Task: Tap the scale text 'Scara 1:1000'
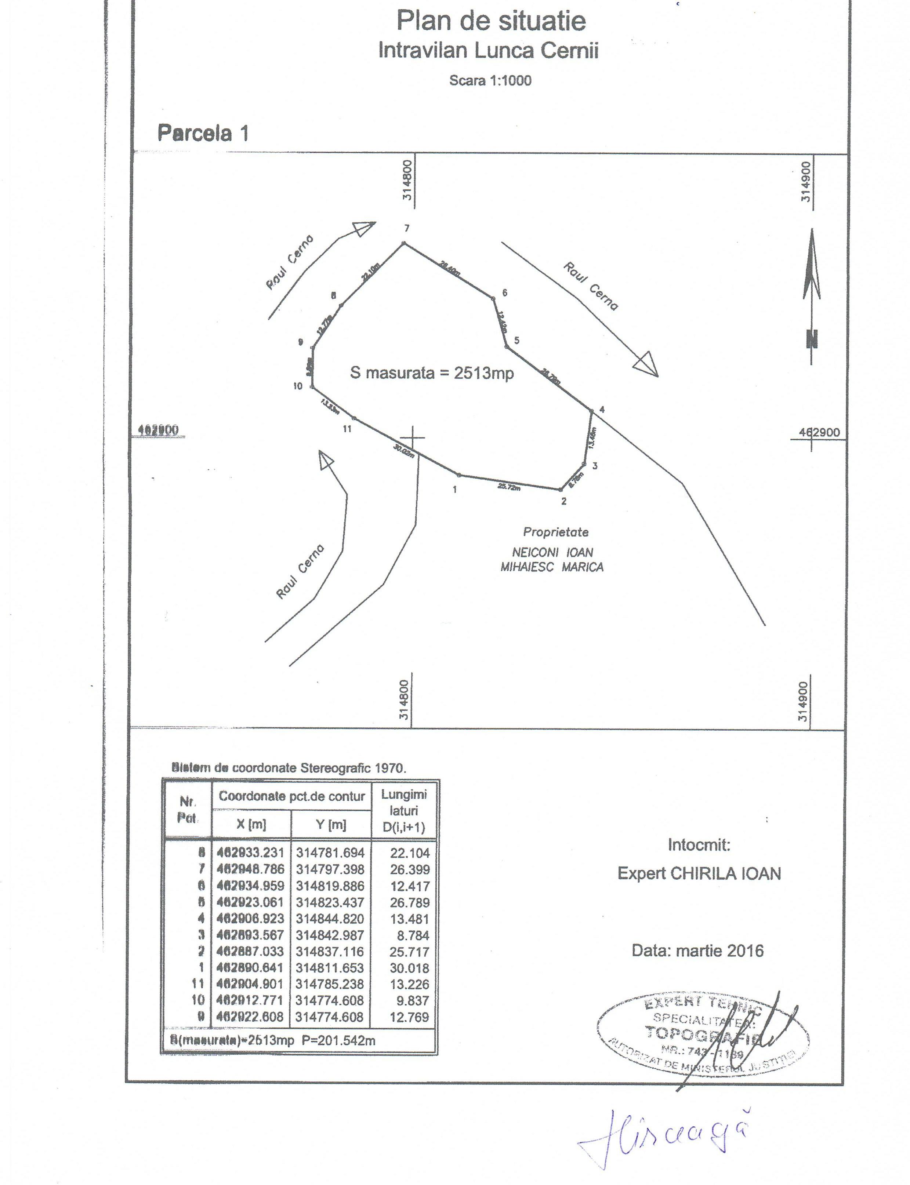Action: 490,81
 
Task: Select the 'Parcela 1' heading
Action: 203,133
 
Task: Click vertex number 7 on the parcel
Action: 407,229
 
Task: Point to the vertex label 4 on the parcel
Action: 602,410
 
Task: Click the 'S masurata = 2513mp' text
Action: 432,372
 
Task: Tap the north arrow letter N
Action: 811,339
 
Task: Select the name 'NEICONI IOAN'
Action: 552,552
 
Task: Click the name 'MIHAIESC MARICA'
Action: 552,567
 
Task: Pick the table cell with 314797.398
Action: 330,869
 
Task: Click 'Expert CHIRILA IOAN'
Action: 699,873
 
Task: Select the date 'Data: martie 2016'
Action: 698,950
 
